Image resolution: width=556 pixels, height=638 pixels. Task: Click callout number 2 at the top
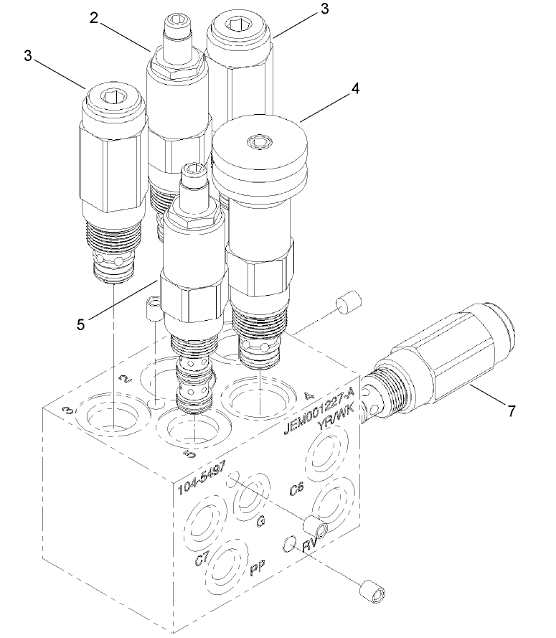coord(93,18)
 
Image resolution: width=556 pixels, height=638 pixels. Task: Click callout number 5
coord(81,324)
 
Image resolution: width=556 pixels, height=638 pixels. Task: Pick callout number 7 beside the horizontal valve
coord(511,411)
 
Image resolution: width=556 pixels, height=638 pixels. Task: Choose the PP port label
coord(258,571)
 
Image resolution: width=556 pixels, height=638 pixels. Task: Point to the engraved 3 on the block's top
coord(67,410)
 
